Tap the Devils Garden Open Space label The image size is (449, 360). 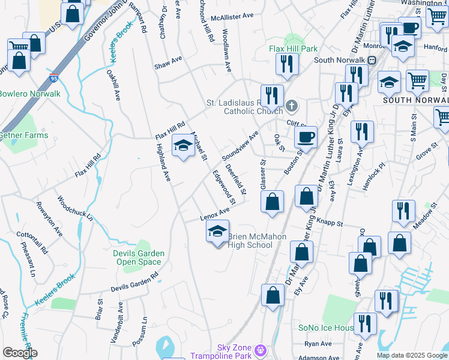click(138, 257)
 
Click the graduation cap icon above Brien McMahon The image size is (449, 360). click(217, 231)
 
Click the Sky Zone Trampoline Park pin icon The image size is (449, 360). click(260, 349)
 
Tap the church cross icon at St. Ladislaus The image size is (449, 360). click(292, 106)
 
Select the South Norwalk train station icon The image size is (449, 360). click(372, 60)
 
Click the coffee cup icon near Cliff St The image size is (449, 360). click(306, 137)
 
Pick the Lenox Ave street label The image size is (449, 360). click(215, 214)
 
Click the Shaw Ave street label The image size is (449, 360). click(167, 61)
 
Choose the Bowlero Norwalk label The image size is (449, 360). click(29, 94)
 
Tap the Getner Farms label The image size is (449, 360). click(23, 136)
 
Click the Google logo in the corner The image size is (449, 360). click(20, 353)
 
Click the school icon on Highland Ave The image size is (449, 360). click(183, 145)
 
